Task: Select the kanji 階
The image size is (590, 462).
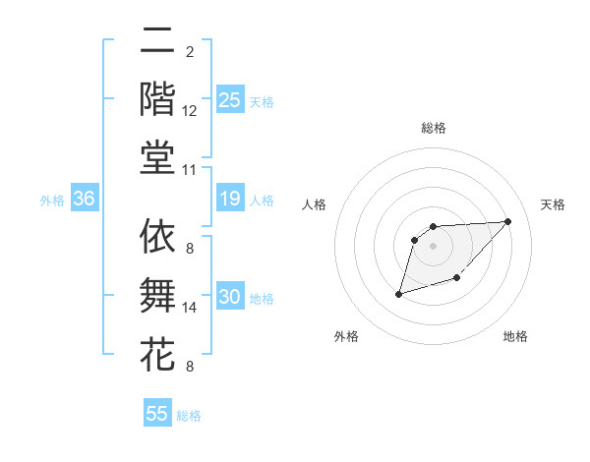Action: [157, 98]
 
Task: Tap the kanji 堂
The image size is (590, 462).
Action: [157, 156]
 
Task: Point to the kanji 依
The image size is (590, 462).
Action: [157, 236]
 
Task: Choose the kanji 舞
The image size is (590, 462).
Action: [157, 295]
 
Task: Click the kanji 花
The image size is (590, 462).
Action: [157, 353]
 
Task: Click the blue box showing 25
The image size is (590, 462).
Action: [229, 99]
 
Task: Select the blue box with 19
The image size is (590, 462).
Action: [229, 200]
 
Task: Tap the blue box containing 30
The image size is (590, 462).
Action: [229, 298]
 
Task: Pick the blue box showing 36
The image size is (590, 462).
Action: [84, 199]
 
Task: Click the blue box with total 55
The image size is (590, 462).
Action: [157, 414]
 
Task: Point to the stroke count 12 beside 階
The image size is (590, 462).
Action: [190, 111]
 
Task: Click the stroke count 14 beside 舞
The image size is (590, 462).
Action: [190, 308]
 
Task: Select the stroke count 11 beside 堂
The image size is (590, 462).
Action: [190, 170]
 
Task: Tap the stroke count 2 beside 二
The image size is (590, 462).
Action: [190, 51]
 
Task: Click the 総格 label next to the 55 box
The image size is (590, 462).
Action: [189, 416]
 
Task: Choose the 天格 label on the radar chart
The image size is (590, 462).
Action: [553, 204]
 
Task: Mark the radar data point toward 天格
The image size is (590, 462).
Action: [507, 221]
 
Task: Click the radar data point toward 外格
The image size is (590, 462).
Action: [399, 294]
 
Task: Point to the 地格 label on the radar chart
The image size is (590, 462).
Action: [515, 336]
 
